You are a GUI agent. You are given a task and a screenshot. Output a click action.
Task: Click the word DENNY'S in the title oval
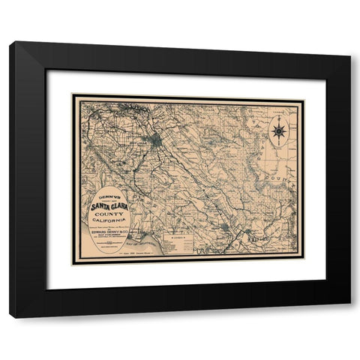point(108,190)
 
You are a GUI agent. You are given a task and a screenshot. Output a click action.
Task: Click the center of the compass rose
point(279,131)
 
